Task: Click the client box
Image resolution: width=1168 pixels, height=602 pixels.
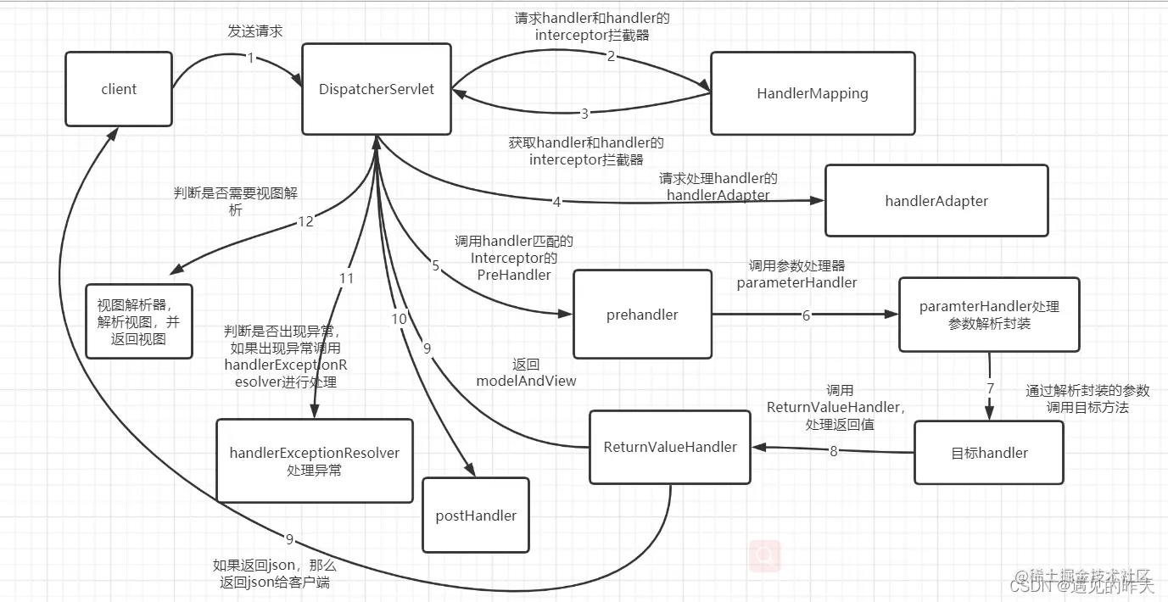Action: (x=119, y=89)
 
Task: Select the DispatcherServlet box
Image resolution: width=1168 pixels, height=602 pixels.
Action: (x=377, y=90)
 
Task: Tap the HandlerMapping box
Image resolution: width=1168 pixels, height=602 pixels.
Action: (x=813, y=93)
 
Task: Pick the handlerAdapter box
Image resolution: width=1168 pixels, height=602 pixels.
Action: (x=936, y=201)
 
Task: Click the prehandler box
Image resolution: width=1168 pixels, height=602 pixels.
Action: (x=642, y=315)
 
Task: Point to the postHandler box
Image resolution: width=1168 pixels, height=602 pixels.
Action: (x=476, y=515)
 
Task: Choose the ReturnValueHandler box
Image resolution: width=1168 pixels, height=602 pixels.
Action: (x=670, y=447)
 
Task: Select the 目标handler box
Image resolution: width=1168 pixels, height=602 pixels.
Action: (x=989, y=453)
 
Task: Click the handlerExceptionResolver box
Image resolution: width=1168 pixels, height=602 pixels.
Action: (x=314, y=460)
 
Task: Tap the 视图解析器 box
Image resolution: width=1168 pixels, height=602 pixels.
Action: (x=139, y=321)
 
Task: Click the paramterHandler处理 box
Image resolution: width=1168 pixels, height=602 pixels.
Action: (x=989, y=315)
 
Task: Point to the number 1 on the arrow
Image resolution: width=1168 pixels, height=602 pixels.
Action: (x=251, y=59)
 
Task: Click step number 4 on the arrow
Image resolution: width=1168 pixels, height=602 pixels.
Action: (x=556, y=202)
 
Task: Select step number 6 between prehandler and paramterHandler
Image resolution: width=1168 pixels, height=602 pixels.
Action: (x=806, y=315)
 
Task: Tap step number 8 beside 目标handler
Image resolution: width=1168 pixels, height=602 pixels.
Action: (x=833, y=451)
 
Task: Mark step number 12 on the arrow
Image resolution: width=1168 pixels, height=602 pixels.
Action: (x=305, y=221)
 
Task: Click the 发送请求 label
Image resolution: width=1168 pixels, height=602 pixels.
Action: (x=254, y=31)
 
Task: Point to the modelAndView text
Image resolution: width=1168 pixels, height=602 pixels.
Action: (x=526, y=381)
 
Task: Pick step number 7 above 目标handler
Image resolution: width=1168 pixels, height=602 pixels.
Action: (x=989, y=387)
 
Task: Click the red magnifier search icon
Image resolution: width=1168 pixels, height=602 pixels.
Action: (x=765, y=555)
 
